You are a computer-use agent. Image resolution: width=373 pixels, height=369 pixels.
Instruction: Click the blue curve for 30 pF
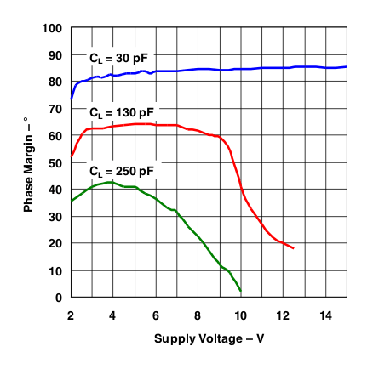tap(255, 68)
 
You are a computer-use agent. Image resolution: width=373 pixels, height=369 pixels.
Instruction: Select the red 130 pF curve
tap(170, 125)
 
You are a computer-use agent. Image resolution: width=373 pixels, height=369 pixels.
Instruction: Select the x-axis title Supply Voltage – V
tap(209, 339)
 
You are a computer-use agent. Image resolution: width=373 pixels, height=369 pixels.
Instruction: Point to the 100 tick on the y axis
tap(54, 28)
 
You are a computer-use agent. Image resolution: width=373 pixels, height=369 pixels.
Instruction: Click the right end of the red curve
tap(293, 247)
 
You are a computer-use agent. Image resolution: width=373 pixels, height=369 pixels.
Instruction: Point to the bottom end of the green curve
tap(240, 292)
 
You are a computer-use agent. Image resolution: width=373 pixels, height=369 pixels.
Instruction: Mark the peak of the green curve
tap(111, 182)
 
